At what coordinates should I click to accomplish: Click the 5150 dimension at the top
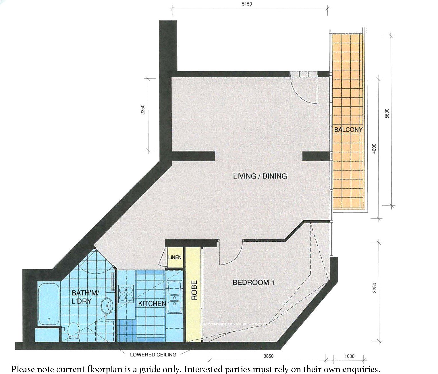click(247, 4)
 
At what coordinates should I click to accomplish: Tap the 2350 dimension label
click(143, 110)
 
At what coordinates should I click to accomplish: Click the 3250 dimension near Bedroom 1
click(375, 288)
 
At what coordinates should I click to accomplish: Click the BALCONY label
click(348, 130)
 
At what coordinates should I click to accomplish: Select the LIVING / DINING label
click(260, 176)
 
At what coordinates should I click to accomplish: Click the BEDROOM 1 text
click(253, 283)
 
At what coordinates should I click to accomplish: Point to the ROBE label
click(194, 290)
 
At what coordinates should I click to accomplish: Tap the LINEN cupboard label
click(175, 258)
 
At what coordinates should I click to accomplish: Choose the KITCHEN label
click(152, 304)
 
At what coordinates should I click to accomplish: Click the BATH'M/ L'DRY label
click(85, 297)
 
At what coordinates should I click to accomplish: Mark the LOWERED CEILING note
click(153, 355)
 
